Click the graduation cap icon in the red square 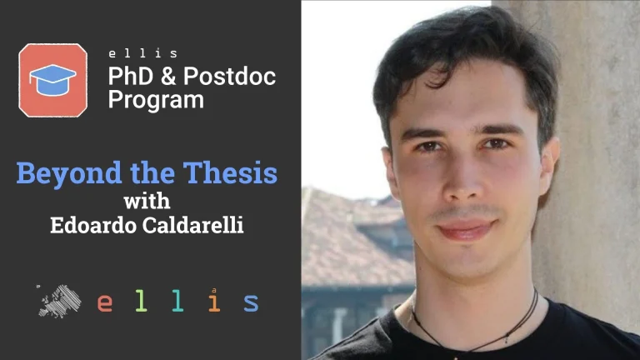click(x=52, y=79)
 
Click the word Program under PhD click(x=156, y=101)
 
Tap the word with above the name click(x=146, y=201)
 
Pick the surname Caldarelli click(x=193, y=225)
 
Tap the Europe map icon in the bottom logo click(x=60, y=301)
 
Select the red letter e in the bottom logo click(x=104, y=302)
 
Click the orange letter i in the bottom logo click(x=214, y=301)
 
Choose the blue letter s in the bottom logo click(x=251, y=302)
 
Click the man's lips click(x=464, y=229)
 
